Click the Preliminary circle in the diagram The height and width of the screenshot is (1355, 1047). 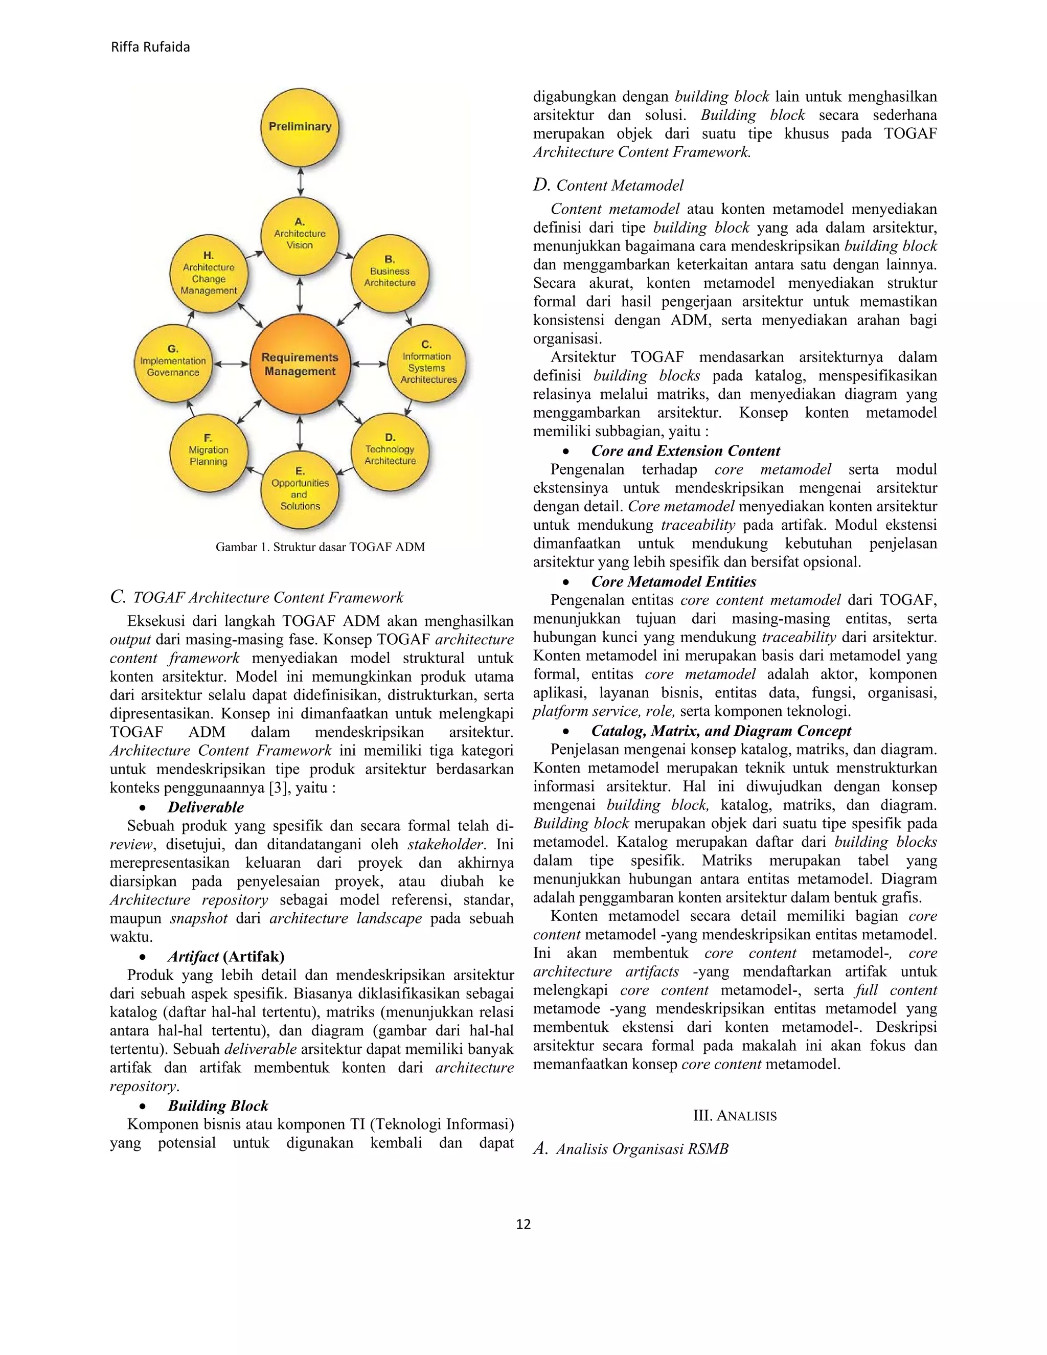[300, 127]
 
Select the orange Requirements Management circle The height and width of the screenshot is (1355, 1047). [300, 364]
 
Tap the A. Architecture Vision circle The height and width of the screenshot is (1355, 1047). [300, 236]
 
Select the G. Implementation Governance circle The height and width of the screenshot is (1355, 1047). [173, 364]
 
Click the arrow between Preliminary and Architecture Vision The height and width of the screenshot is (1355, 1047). [300, 182]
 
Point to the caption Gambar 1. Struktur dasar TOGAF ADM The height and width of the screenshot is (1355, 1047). [320, 547]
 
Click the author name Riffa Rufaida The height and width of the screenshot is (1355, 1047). [150, 47]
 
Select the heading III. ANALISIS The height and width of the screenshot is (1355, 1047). [735, 1116]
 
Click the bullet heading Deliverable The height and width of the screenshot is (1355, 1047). [206, 807]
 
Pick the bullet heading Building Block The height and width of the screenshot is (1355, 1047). [218, 1105]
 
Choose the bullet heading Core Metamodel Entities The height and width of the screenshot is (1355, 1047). [674, 582]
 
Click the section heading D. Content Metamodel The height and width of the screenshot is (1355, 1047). [608, 186]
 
